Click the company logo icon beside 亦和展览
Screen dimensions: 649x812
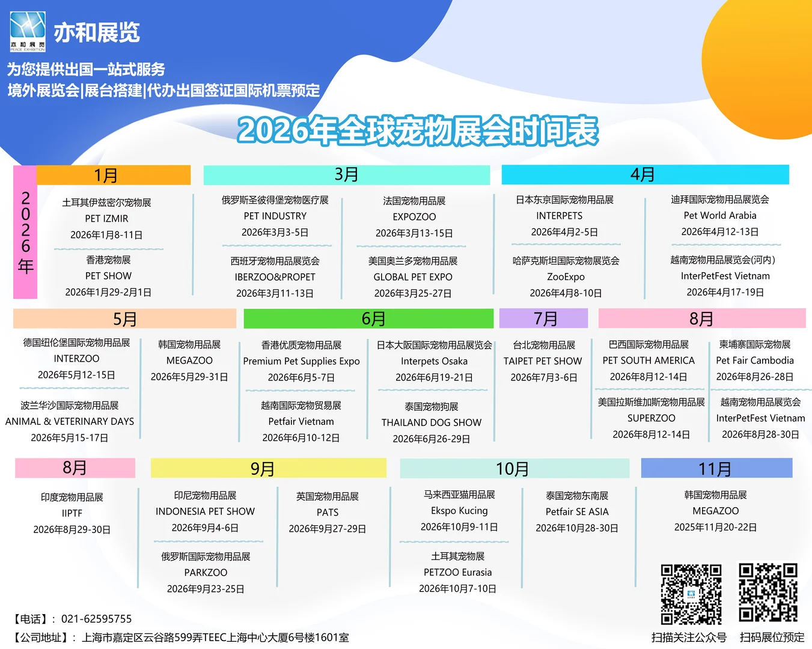(28, 31)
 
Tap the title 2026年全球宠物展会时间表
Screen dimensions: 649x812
(418, 130)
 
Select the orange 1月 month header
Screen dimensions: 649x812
(113, 175)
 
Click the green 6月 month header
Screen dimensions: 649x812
(368, 318)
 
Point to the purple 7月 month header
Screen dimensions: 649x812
(544, 318)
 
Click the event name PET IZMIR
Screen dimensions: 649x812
(106, 219)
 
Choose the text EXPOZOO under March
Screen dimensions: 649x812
(414, 217)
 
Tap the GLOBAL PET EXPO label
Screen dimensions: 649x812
(413, 277)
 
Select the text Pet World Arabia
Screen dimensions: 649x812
(719, 216)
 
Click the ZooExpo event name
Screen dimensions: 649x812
(566, 277)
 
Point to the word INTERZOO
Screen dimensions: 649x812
(76, 359)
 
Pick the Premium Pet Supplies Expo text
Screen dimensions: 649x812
(301, 361)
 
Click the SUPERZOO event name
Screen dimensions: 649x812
(651, 418)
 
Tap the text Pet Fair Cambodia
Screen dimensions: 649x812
(754, 361)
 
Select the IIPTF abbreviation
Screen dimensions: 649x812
(72, 513)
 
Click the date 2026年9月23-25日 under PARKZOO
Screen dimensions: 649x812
(206, 589)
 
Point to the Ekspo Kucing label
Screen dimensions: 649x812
(459, 511)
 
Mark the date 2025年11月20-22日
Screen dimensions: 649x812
(715, 527)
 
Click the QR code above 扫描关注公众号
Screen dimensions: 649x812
(691, 594)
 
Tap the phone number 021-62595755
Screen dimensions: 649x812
(96, 619)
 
